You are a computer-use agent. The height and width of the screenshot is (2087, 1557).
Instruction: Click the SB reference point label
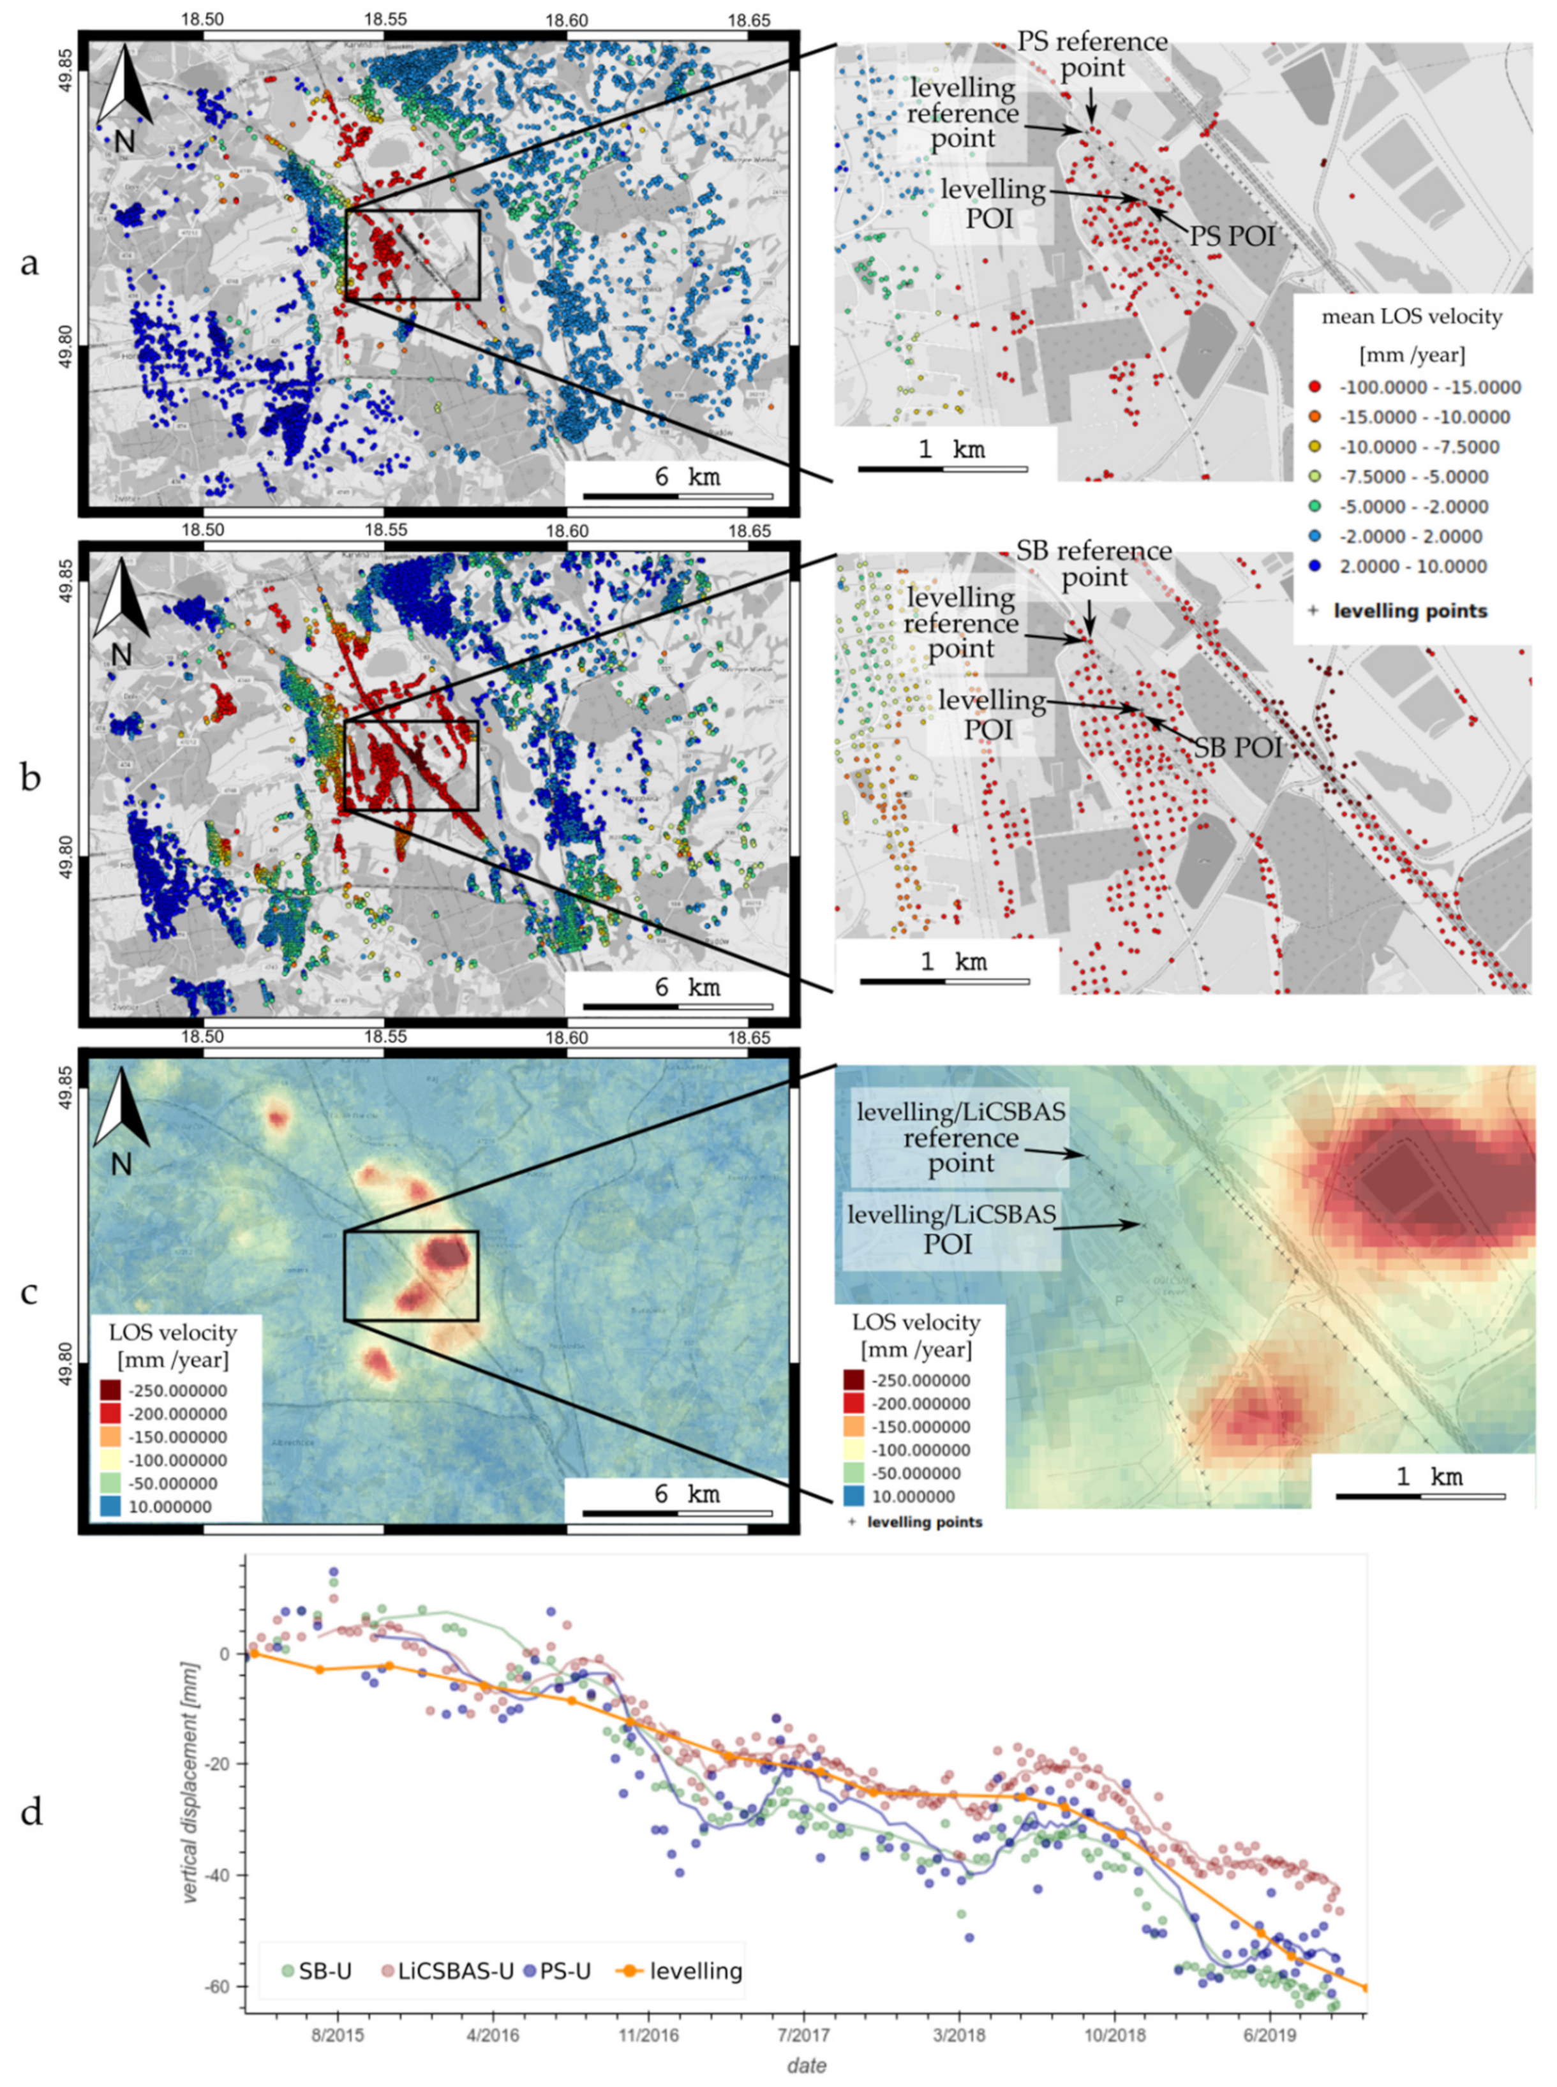tap(1093, 563)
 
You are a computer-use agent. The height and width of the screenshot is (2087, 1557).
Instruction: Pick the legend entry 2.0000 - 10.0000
tap(1413, 567)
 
